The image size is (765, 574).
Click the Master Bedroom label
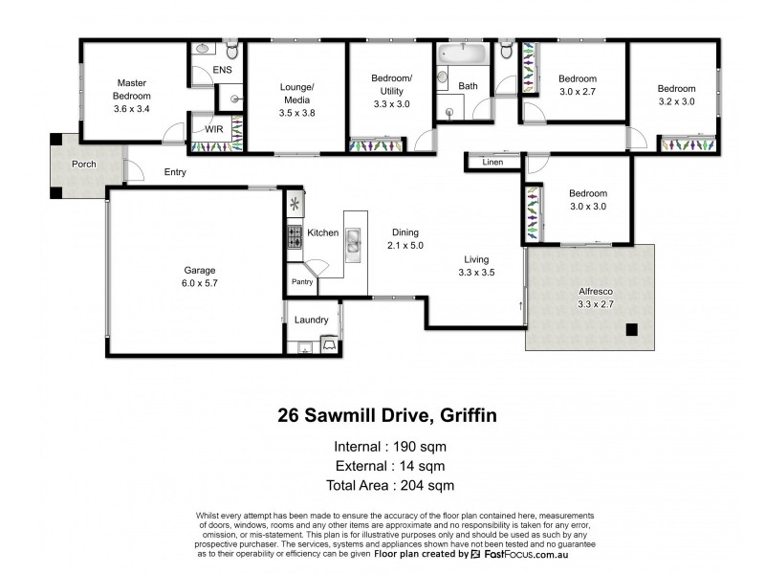(x=132, y=96)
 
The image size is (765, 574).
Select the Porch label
(x=84, y=164)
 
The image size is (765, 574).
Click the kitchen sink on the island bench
(x=352, y=242)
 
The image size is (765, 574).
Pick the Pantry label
(x=302, y=281)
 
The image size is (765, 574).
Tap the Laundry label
(x=312, y=320)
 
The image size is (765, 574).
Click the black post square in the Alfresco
(x=631, y=331)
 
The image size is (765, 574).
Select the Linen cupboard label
(x=492, y=163)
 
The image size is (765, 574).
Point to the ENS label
(x=222, y=70)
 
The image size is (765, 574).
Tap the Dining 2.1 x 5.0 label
(x=404, y=239)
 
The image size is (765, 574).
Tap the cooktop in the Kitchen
(x=294, y=236)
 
